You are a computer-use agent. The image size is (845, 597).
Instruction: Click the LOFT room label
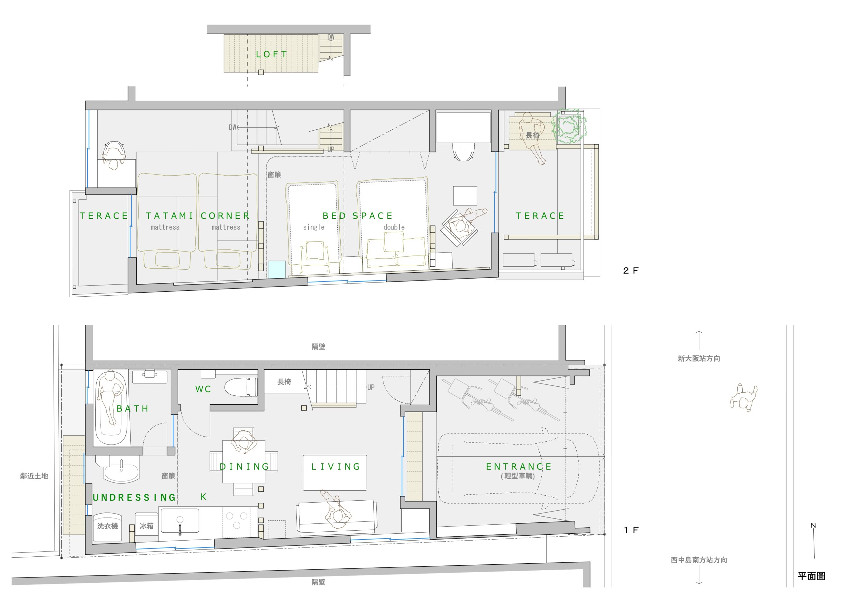(272, 54)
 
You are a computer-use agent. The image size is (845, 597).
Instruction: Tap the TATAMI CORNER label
(198, 216)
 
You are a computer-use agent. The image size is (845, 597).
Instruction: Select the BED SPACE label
(358, 216)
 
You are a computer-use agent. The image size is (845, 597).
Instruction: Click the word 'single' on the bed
(314, 227)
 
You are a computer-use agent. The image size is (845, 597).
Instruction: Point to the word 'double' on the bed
(394, 227)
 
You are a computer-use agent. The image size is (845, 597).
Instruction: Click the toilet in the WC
(241, 387)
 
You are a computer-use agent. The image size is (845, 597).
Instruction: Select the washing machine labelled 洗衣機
(108, 527)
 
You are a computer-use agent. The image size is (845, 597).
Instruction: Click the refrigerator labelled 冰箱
(147, 527)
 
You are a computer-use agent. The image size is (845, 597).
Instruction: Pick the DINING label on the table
(245, 467)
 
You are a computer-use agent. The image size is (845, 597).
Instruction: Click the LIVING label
(336, 467)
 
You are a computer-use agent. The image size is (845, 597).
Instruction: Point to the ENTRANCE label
(519, 467)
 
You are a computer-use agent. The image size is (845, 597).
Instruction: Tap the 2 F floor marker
(631, 271)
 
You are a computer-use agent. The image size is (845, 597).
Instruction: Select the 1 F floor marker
(631, 530)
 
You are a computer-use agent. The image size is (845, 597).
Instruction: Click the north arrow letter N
(813, 526)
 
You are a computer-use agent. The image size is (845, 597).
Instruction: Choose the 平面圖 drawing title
(812, 576)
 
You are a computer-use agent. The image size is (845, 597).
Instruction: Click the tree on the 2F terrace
(569, 127)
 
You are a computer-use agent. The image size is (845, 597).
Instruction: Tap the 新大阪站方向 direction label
(699, 358)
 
